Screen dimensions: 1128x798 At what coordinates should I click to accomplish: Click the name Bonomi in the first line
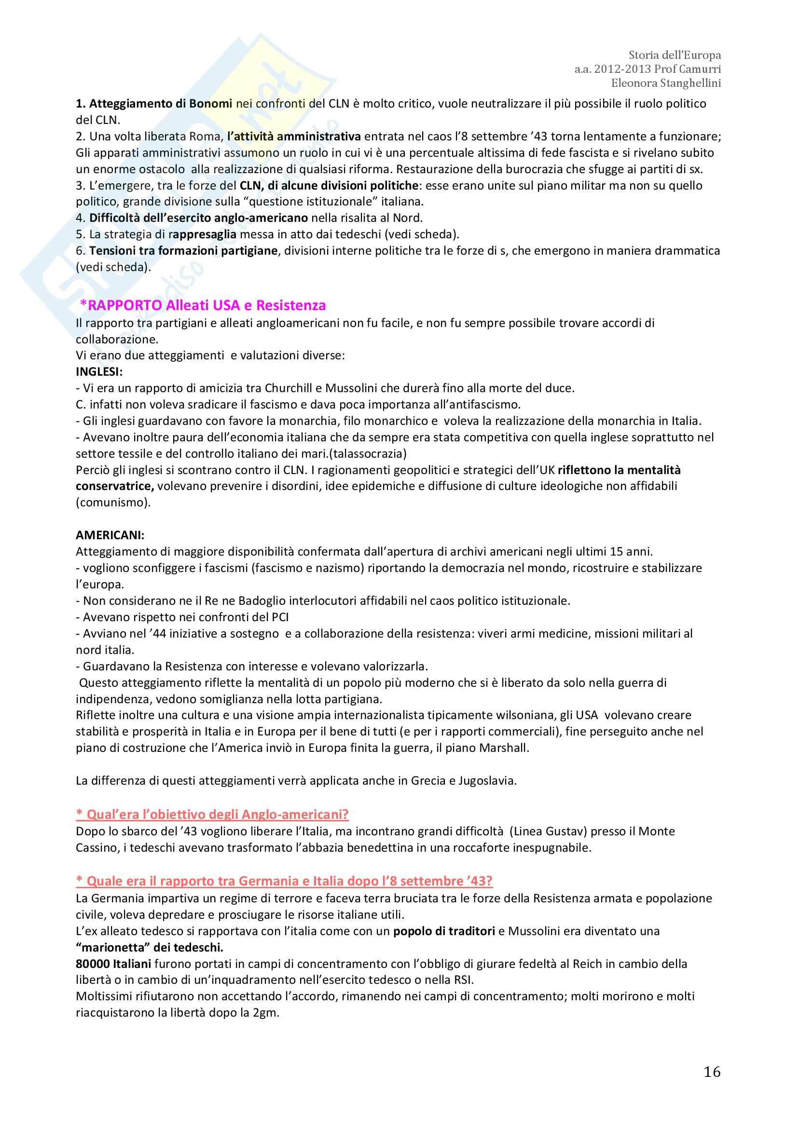pyautogui.click(x=211, y=104)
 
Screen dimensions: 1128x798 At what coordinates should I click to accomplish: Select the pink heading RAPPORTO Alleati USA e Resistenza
pyautogui.click(x=203, y=305)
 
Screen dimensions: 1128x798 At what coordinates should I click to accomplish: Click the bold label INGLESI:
pyautogui.click(x=99, y=372)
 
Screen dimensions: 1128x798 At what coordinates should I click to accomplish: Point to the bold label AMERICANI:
pyautogui.click(x=110, y=535)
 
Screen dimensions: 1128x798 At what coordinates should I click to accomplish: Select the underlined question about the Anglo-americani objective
pyautogui.click(x=212, y=814)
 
